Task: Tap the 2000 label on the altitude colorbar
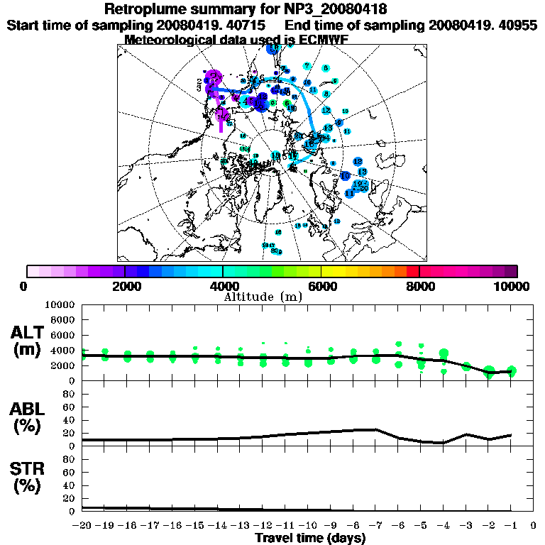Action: pos(124,286)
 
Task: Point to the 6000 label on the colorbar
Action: pos(321,286)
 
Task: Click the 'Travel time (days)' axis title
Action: pos(310,538)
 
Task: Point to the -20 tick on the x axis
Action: pos(84,526)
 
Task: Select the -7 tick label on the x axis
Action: pos(375,526)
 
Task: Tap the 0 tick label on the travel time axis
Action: pos(534,526)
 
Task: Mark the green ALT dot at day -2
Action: pos(488,372)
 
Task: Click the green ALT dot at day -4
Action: pos(444,353)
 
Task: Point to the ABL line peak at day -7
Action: pos(376,429)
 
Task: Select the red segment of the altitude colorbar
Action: pos(412,271)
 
